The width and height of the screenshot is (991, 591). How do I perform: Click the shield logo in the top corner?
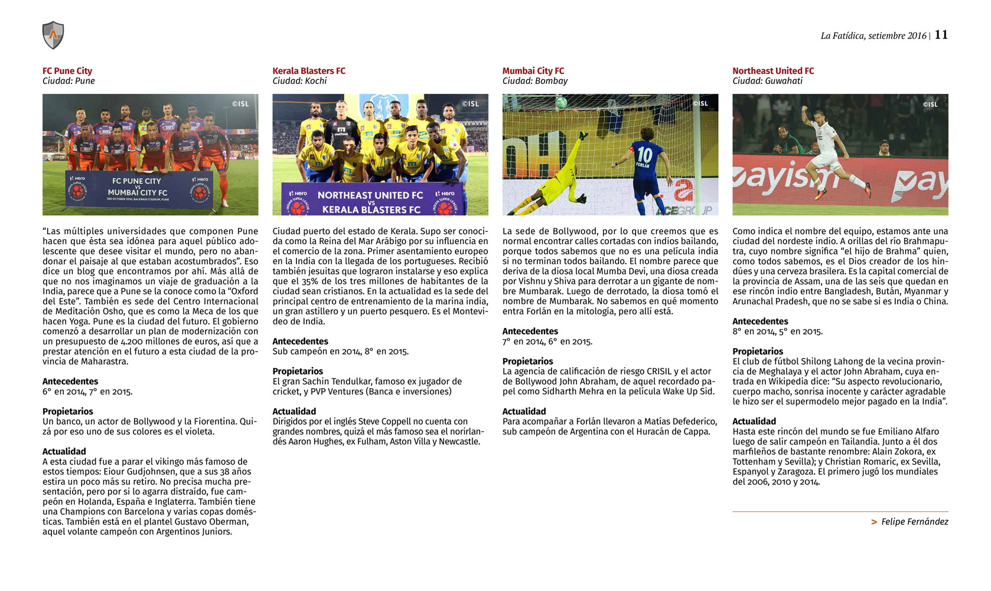pyautogui.click(x=53, y=35)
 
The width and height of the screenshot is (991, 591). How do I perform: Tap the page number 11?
pyautogui.click(x=941, y=35)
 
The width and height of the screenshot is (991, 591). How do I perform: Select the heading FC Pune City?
pyautogui.click(x=67, y=71)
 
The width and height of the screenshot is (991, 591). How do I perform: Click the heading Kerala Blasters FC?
pyautogui.click(x=309, y=71)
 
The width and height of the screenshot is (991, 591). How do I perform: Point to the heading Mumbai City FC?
pyautogui.click(x=533, y=71)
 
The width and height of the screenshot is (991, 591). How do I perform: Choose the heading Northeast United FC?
pyautogui.click(x=773, y=71)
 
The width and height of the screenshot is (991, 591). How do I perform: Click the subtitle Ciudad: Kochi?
pyautogui.click(x=299, y=81)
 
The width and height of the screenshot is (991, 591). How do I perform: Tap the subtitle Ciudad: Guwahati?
pyautogui.click(x=767, y=81)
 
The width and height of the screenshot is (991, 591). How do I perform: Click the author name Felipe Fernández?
pyautogui.click(x=914, y=522)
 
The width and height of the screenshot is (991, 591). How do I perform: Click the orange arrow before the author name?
pyautogui.click(x=874, y=522)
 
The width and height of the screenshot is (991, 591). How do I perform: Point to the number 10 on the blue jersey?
pyautogui.click(x=644, y=155)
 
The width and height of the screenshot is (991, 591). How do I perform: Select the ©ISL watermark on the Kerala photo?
pyautogui.click(x=470, y=104)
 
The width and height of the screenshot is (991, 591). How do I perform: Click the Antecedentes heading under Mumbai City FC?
pyautogui.click(x=530, y=332)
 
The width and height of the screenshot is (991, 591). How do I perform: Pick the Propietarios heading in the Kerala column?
pyautogui.click(x=298, y=372)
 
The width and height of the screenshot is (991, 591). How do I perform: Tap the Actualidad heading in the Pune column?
pyautogui.click(x=64, y=452)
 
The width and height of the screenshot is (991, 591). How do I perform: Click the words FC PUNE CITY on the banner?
pyautogui.click(x=136, y=181)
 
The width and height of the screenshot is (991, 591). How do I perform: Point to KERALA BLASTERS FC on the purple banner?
pyautogui.click(x=371, y=209)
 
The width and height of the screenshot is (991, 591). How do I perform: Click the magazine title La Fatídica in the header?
pyautogui.click(x=842, y=36)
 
